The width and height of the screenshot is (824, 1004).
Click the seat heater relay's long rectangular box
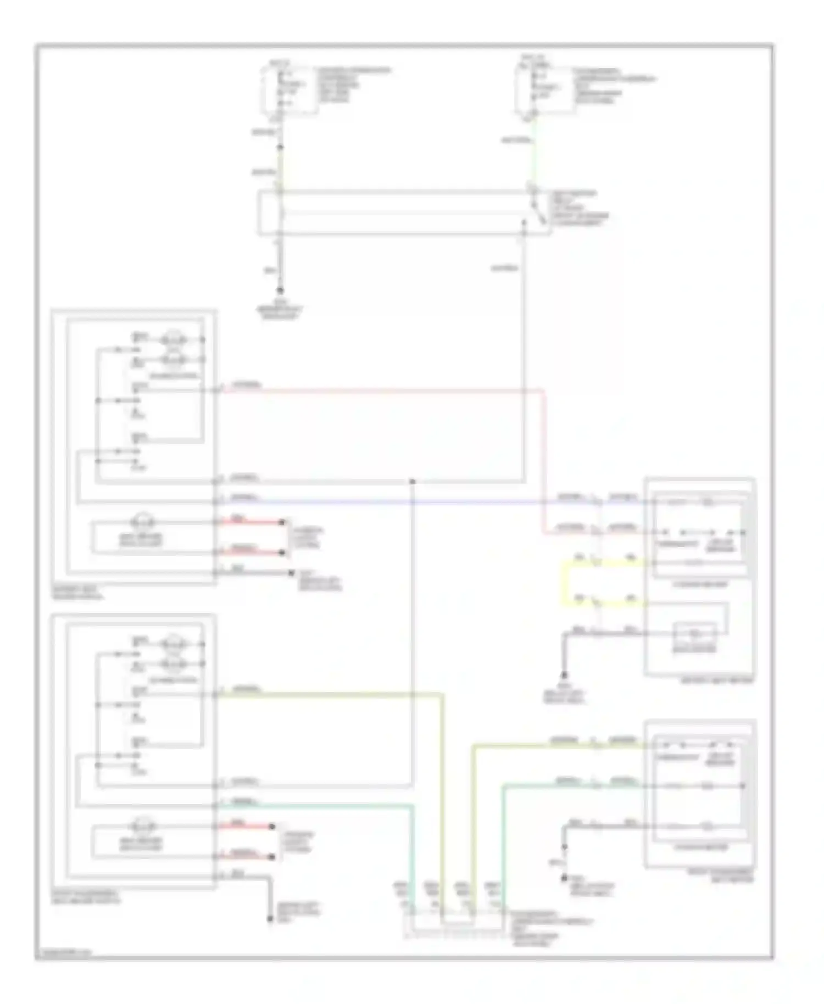pos(404,213)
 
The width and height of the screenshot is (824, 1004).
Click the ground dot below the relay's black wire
pos(280,291)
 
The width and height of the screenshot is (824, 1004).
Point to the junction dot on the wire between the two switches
pos(412,482)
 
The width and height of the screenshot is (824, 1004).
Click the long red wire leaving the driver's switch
pos(385,391)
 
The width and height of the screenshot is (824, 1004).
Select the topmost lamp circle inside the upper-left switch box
pos(174,339)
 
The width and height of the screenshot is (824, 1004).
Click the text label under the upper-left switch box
pos(77,592)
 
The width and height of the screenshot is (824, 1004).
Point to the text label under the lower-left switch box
pos(85,897)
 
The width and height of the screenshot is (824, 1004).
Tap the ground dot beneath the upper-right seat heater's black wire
pos(564,675)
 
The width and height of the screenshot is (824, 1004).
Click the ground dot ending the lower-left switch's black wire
pos(270,919)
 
